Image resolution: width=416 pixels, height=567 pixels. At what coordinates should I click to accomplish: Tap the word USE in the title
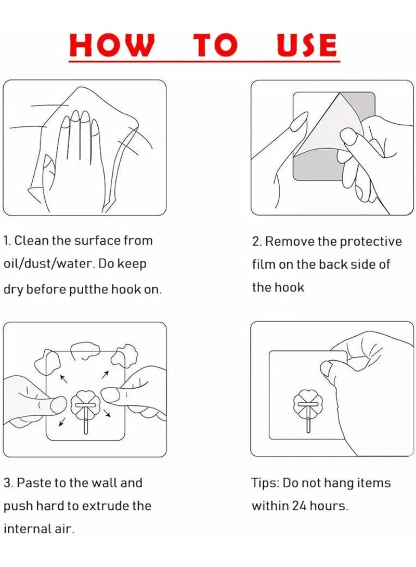tap(306, 45)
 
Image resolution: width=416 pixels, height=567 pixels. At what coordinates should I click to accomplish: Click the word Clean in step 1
tap(32, 241)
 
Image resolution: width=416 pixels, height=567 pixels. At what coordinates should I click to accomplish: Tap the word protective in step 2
tap(371, 242)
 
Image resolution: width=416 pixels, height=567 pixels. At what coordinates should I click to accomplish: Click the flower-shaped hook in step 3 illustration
tap(84, 403)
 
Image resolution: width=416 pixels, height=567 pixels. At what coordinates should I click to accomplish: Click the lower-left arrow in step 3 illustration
tap(62, 423)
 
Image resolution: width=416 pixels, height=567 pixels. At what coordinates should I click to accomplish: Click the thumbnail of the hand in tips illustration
tap(327, 370)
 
